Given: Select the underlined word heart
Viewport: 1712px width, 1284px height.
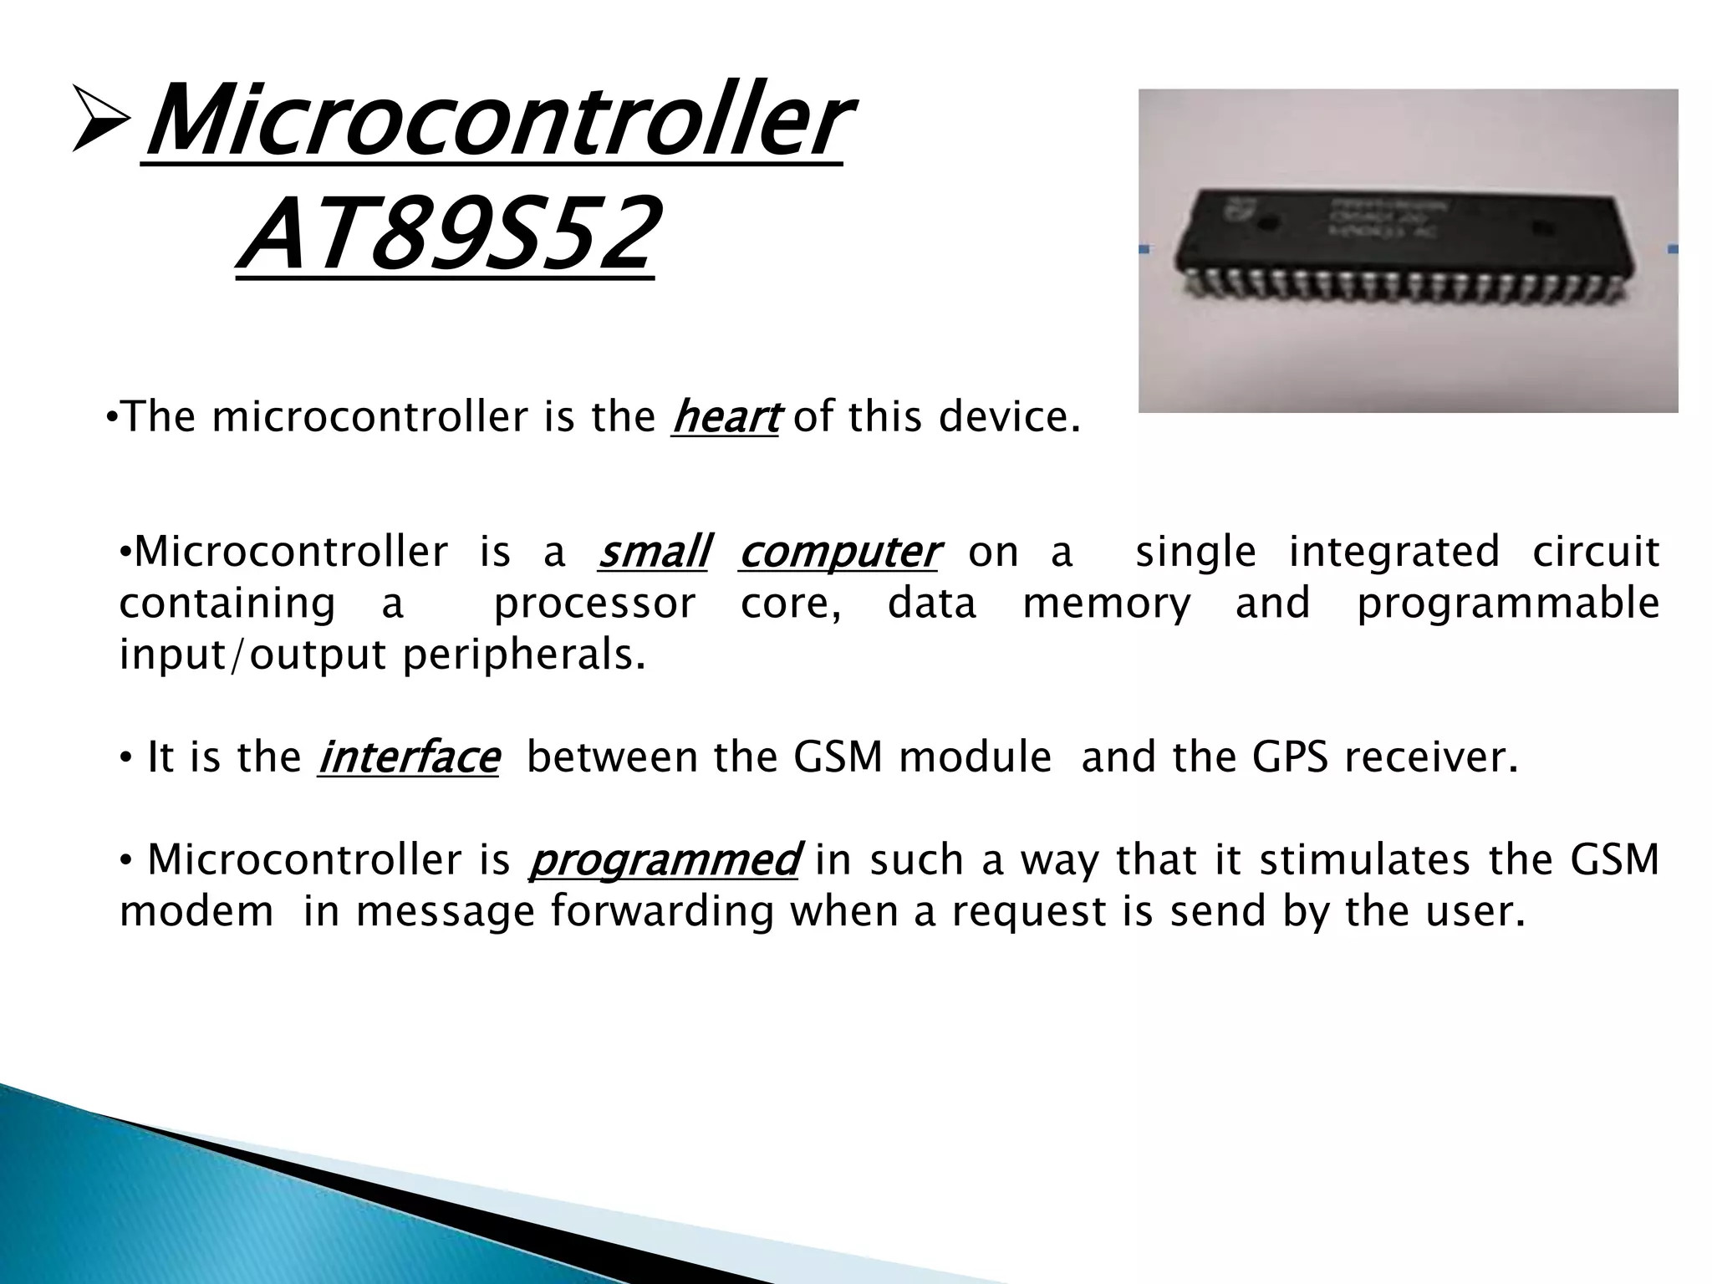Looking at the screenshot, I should coord(725,417).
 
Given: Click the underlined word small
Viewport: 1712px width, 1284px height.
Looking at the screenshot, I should coord(653,552).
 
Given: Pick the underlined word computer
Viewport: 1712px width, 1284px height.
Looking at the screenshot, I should coord(838,552).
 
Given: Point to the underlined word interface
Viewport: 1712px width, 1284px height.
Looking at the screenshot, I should coord(408,757).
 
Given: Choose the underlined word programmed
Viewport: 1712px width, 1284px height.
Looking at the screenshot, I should coord(665,859).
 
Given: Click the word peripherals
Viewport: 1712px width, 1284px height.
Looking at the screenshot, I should coord(524,655).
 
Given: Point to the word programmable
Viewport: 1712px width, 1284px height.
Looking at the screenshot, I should coord(1507,604).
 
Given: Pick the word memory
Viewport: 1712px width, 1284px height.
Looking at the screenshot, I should coord(1106,604).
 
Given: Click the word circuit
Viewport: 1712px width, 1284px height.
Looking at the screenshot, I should coord(1595,552).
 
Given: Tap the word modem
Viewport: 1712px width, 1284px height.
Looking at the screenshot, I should coord(196,912).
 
